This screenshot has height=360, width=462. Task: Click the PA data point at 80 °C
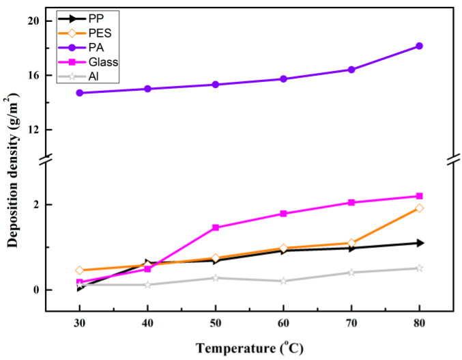419,46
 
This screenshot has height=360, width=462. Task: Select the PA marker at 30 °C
79,93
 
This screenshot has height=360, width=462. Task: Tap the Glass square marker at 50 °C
216,227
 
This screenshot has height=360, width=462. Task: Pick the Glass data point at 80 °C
419,196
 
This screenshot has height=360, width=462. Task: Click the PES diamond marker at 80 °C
419,208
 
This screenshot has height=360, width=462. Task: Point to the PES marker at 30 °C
79,271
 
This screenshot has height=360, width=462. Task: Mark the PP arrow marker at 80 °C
419,243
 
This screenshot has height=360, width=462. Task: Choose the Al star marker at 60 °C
283,281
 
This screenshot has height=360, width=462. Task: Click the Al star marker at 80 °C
419,268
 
